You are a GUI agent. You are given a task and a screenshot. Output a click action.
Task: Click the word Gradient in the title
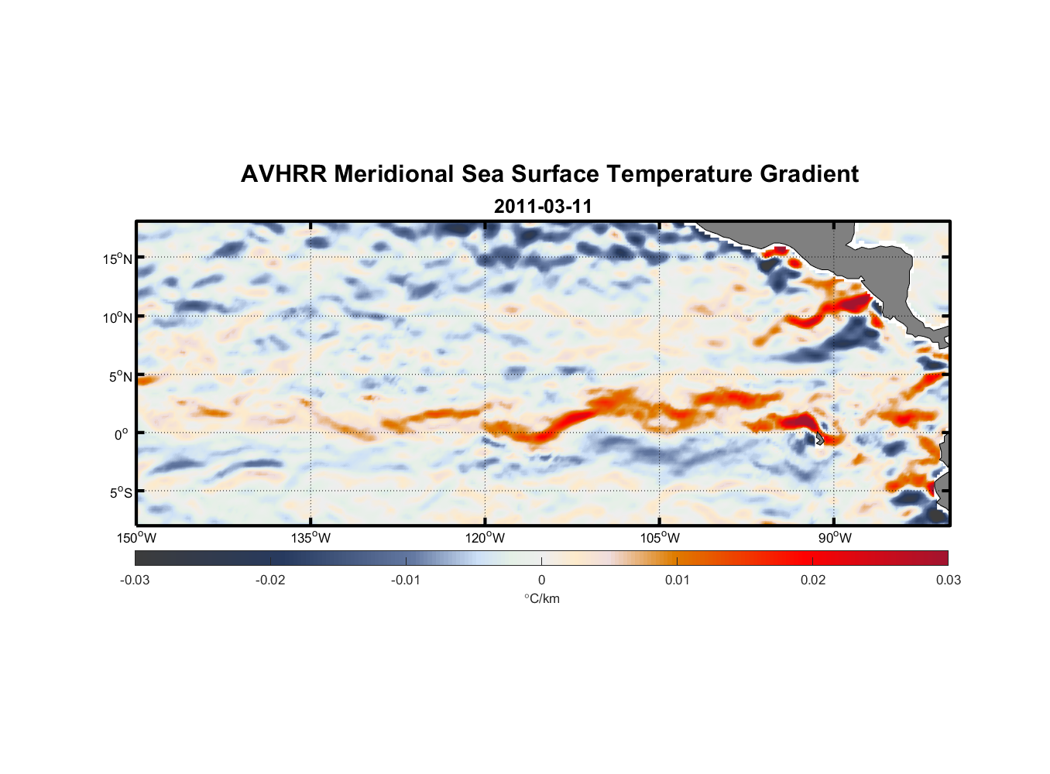[809, 174]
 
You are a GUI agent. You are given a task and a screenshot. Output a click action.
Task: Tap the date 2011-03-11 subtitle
[543, 207]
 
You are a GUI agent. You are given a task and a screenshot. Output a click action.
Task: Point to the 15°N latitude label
[118, 259]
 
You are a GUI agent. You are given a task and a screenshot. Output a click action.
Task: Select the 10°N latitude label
[118, 317]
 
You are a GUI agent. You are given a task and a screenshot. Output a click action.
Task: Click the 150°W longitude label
[137, 538]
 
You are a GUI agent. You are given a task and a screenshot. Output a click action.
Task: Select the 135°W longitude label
[311, 538]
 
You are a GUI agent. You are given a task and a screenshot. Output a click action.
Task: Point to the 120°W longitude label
[486, 538]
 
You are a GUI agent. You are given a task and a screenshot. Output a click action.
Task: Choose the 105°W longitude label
[660, 538]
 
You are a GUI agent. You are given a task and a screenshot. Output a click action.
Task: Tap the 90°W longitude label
[835, 538]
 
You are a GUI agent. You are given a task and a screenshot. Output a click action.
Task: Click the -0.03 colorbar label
[135, 580]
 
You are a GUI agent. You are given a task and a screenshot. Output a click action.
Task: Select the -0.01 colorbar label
[406, 580]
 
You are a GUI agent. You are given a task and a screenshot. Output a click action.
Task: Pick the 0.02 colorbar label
[813, 580]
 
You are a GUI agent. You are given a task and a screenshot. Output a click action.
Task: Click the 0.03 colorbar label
[948, 580]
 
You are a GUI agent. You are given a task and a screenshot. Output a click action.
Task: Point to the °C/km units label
[542, 598]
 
